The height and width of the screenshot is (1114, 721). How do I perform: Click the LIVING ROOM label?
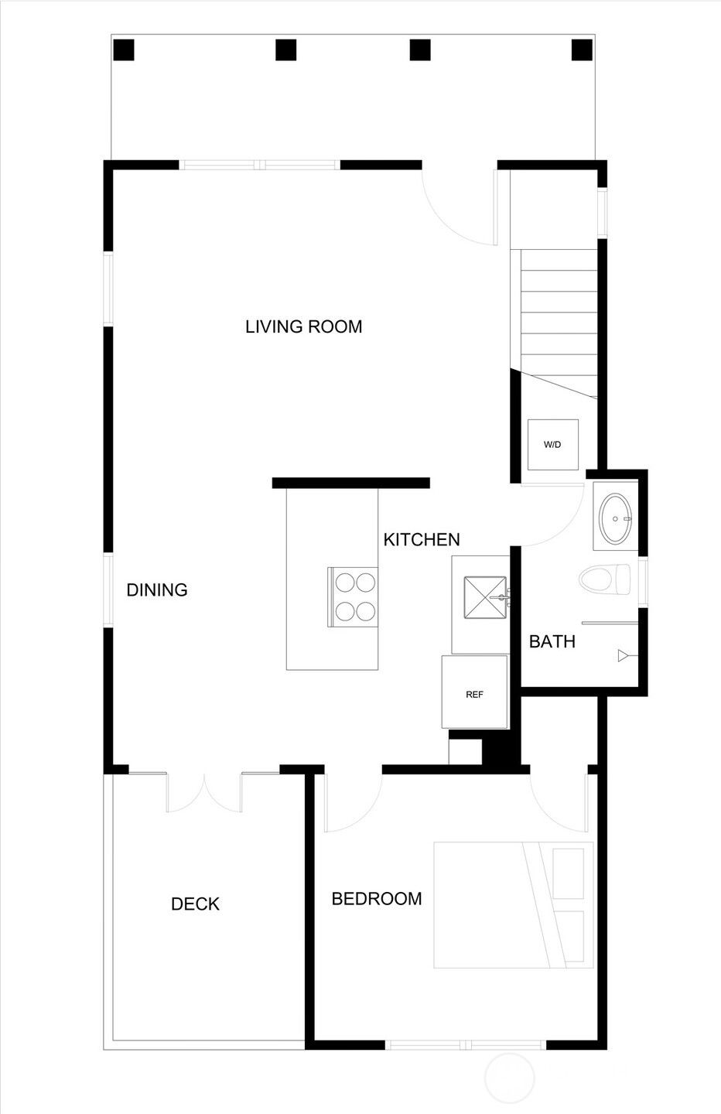coord(303,326)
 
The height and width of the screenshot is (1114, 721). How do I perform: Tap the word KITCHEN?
coord(422,539)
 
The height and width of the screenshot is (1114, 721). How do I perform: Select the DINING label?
coord(157,589)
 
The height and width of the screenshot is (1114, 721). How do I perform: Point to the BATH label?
coord(552,641)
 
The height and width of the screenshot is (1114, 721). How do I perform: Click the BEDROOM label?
coord(377,898)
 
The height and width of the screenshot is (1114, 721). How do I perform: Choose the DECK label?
coord(195,904)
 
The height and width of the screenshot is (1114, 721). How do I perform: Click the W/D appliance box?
coord(552,445)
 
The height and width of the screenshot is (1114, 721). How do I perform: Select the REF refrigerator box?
coord(474,694)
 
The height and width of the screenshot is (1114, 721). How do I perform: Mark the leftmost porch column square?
coord(124,50)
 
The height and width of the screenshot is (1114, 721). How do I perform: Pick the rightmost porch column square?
coord(582,50)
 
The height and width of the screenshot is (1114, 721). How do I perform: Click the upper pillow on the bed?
coord(569,873)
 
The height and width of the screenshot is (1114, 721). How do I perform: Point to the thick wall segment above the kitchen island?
coord(350,483)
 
